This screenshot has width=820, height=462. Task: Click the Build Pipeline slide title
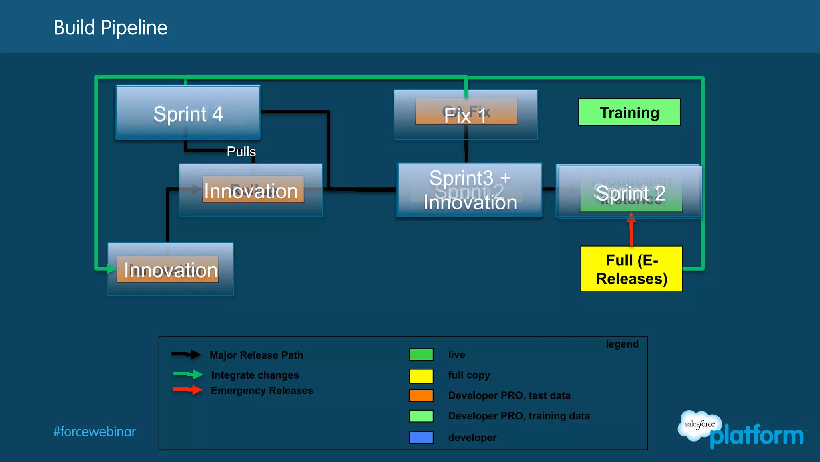pyautogui.click(x=111, y=28)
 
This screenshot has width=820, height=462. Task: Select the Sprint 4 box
pyautogui.click(x=188, y=113)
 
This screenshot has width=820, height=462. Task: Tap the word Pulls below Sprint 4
pyautogui.click(x=241, y=152)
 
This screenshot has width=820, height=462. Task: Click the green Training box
pyautogui.click(x=629, y=112)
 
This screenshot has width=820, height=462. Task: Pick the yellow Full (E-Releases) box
pyautogui.click(x=631, y=269)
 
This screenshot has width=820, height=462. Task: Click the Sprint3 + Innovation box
pyautogui.click(x=470, y=190)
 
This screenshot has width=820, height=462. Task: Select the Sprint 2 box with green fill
pyautogui.click(x=631, y=194)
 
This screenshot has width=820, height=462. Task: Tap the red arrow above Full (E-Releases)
pyautogui.click(x=631, y=229)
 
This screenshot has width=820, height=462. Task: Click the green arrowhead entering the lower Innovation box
pyautogui.click(x=111, y=269)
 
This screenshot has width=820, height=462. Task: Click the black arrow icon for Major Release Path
pyautogui.click(x=187, y=354)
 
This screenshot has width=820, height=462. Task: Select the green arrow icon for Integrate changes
pyautogui.click(x=188, y=374)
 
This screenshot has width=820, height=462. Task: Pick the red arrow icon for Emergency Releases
pyautogui.click(x=188, y=390)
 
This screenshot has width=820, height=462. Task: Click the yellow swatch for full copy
pyautogui.click(x=421, y=376)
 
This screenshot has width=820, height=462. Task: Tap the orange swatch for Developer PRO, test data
pyautogui.click(x=421, y=395)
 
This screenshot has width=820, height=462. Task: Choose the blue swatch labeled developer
pyautogui.click(x=421, y=437)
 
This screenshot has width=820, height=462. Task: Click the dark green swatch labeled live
pyautogui.click(x=421, y=355)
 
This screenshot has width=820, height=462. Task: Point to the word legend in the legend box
pyautogui.click(x=622, y=344)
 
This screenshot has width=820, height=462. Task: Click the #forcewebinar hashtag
pyautogui.click(x=94, y=432)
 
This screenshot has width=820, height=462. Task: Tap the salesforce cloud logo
pyautogui.click(x=699, y=425)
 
